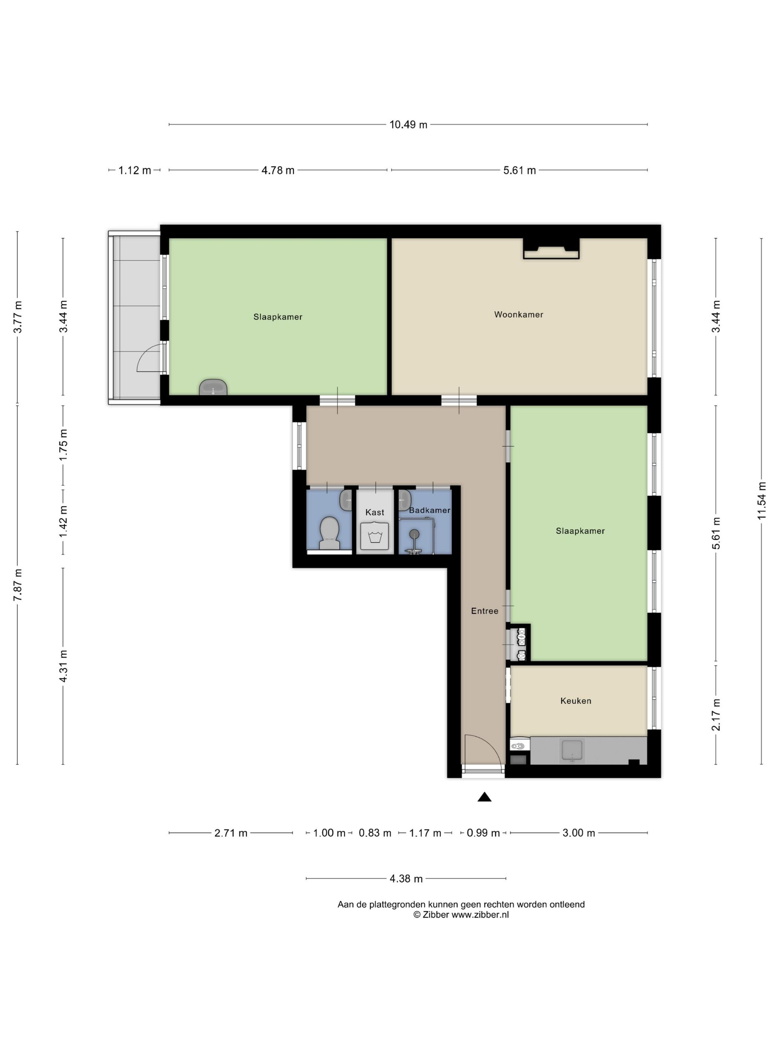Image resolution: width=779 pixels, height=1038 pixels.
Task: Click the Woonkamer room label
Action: pyautogui.click(x=518, y=314)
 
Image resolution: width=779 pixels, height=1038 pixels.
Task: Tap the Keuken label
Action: pyautogui.click(x=576, y=701)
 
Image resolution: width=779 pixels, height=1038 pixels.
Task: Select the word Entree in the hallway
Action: pyautogui.click(x=484, y=611)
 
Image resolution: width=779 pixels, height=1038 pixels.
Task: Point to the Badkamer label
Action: pyautogui.click(x=430, y=510)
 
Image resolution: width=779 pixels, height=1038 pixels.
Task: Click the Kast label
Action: pyautogui.click(x=375, y=512)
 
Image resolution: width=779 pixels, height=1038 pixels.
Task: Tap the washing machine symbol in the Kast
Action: pyautogui.click(x=374, y=536)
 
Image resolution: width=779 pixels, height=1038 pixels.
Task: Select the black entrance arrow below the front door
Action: pyautogui.click(x=484, y=797)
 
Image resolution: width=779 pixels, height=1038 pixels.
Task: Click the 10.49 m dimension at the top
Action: pyautogui.click(x=408, y=124)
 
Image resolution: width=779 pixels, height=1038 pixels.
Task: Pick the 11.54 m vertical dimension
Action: pyautogui.click(x=761, y=500)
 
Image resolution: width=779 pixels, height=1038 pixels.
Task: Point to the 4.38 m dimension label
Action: pyautogui.click(x=406, y=879)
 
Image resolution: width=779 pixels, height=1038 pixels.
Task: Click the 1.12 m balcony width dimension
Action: pyautogui.click(x=135, y=170)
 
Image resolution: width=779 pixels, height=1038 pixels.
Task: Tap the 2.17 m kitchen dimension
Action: pyautogui.click(x=716, y=715)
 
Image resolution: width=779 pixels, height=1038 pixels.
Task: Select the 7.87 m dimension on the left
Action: pyautogui.click(x=17, y=585)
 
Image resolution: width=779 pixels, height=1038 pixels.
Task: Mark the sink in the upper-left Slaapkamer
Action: pyautogui.click(x=213, y=388)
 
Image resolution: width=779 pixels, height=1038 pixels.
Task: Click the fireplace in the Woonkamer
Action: pyautogui.click(x=551, y=249)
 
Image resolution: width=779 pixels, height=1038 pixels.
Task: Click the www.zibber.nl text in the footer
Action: pyautogui.click(x=480, y=915)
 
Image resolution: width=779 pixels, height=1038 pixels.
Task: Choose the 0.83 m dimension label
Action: pyautogui.click(x=375, y=833)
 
